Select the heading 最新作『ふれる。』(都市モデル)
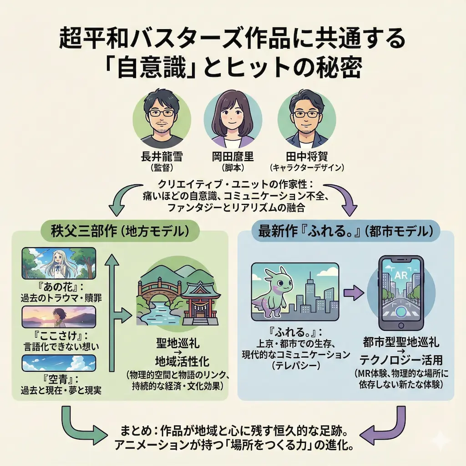coord(346,231)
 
